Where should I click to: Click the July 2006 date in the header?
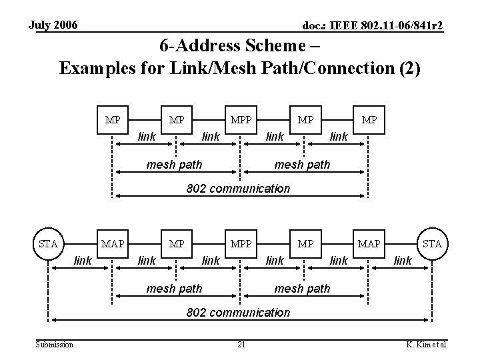pos(53,25)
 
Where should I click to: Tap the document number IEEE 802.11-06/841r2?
pos(373,26)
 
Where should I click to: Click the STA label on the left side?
pos(48,243)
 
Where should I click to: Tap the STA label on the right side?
pos(432,243)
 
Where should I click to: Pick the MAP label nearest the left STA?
pos(112,243)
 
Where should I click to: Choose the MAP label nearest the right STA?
pos(368,243)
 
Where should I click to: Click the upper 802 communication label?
pos(238,188)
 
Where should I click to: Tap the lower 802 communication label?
pos(238,312)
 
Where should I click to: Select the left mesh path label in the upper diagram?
pos(174,165)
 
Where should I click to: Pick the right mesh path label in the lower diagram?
pos(302,289)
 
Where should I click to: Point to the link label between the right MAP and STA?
pos(402,260)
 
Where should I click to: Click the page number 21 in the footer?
pos(242,344)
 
